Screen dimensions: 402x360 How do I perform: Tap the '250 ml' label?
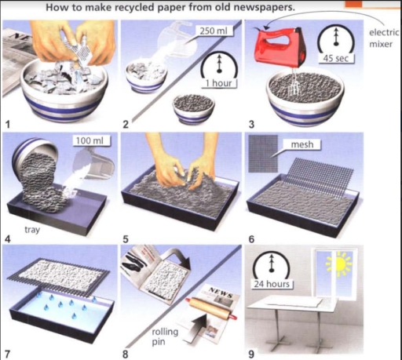[x=214, y=31]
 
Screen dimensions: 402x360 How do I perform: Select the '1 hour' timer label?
[x=218, y=83]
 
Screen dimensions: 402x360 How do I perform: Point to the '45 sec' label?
[x=336, y=58]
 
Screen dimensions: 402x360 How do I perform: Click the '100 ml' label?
[x=90, y=140]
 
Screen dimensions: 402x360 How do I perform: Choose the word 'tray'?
[x=32, y=230]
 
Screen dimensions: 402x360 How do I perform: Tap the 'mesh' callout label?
[x=302, y=144]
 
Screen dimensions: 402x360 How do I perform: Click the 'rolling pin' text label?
[x=165, y=336]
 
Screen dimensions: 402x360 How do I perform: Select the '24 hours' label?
[x=272, y=284]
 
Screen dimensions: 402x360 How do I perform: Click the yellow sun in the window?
[x=339, y=264]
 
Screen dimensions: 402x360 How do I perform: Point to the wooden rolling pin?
[x=211, y=307]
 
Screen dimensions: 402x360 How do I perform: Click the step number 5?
[x=126, y=239]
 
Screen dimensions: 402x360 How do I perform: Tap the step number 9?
[x=251, y=355]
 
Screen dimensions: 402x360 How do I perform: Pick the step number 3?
[x=251, y=125]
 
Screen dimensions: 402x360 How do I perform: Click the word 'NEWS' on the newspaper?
[x=221, y=293]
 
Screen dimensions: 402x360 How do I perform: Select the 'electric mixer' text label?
[x=384, y=38]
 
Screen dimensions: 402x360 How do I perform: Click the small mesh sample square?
[x=263, y=154]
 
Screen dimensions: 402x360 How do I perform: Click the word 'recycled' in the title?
[x=134, y=8]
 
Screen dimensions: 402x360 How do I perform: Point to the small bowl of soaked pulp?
[x=193, y=108]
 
